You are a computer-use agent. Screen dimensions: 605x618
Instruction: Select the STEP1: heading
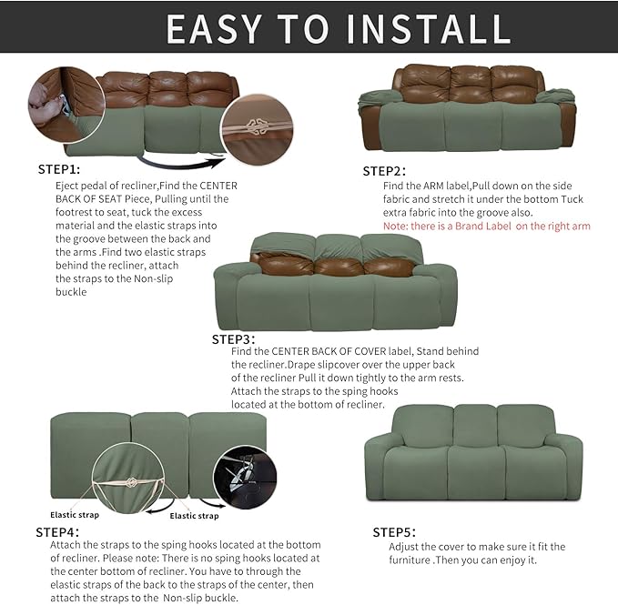click(59, 169)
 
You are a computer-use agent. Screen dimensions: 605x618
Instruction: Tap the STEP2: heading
click(384, 171)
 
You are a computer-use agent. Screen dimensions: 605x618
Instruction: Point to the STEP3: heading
click(234, 338)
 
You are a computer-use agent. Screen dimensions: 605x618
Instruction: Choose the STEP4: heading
click(57, 531)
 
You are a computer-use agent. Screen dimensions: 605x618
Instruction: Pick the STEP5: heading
click(394, 532)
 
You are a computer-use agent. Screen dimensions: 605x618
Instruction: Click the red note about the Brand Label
click(487, 226)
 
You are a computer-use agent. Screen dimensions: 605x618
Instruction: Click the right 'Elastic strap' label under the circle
click(194, 516)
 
